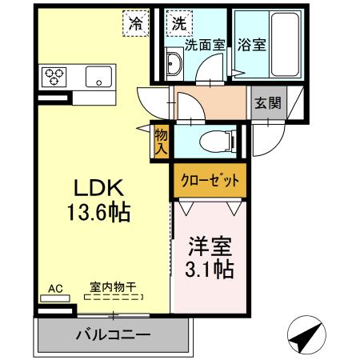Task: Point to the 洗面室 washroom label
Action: (x=206, y=46)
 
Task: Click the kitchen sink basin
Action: (x=99, y=78)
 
